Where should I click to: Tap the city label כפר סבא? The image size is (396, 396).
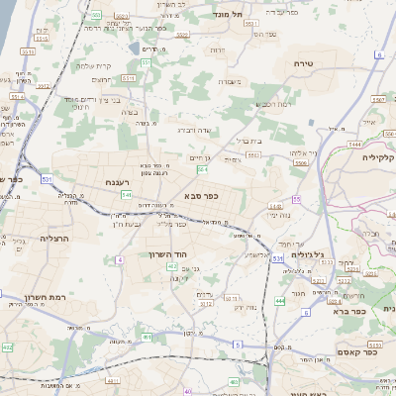[197, 196]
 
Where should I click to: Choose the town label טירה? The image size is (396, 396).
[304, 62]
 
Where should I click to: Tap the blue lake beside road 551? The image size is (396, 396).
[134, 48]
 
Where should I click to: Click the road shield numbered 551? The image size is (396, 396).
[146, 63]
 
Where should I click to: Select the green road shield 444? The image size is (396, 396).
[280, 300]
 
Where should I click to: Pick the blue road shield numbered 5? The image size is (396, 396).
[238, 344]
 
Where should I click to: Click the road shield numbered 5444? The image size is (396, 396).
[354, 145]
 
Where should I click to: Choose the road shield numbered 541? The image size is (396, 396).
[126, 195]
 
